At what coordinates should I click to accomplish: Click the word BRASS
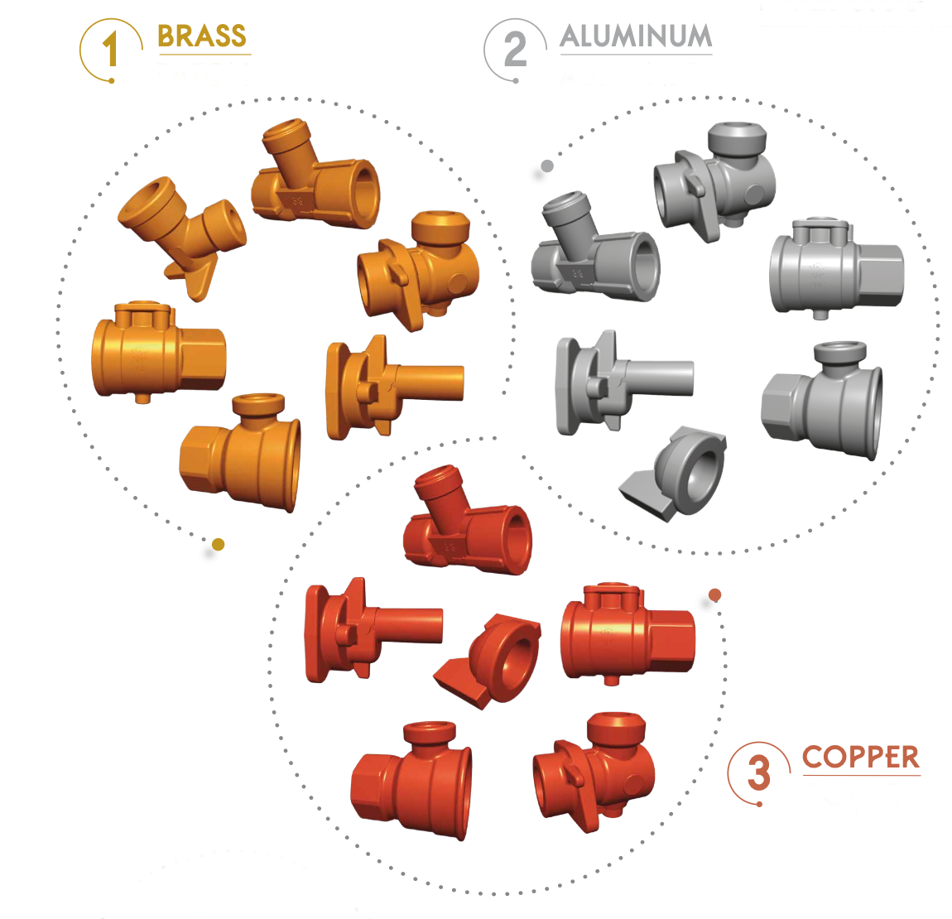[x=201, y=36]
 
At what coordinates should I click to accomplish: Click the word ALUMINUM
[x=636, y=36]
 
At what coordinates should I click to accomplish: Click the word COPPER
[x=861, y=758]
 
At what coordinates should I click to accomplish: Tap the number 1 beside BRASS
[x=110, y=49]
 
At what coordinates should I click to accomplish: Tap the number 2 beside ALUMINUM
[x=515, y=49]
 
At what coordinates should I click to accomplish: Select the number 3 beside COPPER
[x=759, y=772]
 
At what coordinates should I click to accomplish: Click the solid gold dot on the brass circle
[x=219, y=544]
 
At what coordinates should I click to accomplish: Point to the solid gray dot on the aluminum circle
[x=547, y=166]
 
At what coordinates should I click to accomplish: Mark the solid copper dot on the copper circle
[x=715, y=594]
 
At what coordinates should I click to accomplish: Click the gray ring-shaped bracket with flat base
[x=674, y=474]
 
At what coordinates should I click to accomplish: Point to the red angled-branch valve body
[x=468, y=520]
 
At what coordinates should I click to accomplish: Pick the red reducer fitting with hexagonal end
[x=411, y=781]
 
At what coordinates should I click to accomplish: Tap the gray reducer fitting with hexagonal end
[x=822, y=400]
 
